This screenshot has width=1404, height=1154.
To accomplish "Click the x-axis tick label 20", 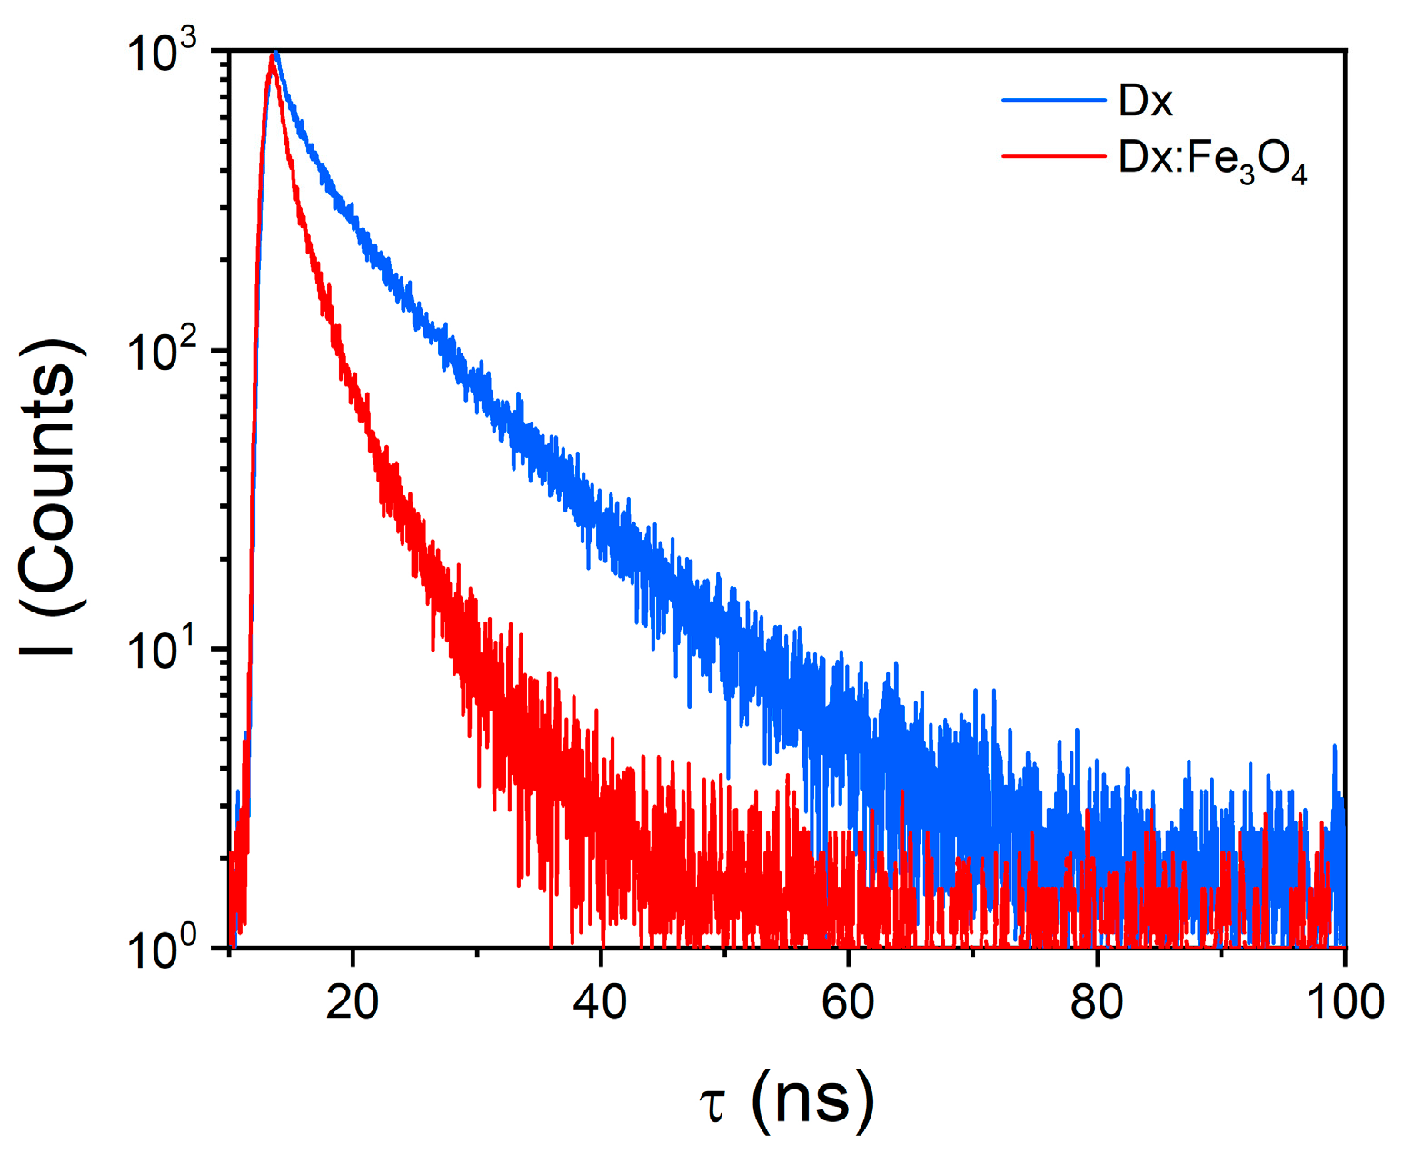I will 353,1002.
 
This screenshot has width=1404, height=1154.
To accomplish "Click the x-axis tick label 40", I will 601,1002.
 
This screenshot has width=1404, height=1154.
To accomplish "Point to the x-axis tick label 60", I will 848,1002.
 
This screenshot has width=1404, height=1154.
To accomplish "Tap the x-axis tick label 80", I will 1097,1002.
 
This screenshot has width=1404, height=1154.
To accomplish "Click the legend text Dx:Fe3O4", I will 1212,160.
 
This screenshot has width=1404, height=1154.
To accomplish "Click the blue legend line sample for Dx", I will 1054,101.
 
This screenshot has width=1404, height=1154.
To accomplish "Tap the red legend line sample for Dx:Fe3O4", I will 1054,156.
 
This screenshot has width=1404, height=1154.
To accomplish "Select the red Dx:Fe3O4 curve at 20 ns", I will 353,391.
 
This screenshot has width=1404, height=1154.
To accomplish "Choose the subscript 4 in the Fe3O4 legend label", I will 1299,174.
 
